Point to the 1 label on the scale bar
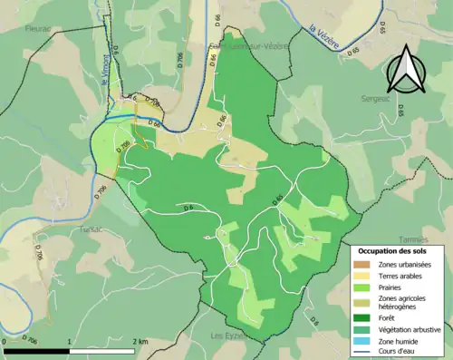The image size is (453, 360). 71,341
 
